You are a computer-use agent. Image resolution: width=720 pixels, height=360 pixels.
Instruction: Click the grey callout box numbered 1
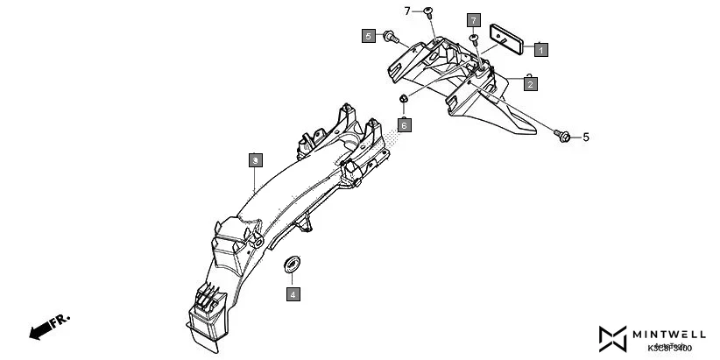(541, 50)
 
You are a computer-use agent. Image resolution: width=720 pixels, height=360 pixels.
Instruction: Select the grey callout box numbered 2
(531, 84)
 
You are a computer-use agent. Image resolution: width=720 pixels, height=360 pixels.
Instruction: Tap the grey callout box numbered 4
(293, 294)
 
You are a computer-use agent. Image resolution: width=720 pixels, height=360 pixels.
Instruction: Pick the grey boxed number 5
(369, 36)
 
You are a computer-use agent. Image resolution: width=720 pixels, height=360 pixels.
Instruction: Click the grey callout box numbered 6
(404, 125)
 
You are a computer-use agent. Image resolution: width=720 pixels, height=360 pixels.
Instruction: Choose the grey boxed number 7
(474, 19)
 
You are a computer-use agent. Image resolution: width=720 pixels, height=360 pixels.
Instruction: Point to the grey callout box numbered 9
(255, 160)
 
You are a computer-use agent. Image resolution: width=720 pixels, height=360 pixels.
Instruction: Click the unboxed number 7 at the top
(406, 11)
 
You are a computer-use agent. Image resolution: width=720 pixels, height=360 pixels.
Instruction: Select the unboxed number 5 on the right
(586, 138)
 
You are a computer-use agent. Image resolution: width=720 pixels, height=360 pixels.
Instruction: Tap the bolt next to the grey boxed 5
(392, 37)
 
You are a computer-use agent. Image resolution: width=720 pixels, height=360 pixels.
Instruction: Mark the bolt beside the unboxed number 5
(563, 136)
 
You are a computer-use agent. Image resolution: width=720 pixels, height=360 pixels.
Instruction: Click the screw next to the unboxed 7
(427, 11)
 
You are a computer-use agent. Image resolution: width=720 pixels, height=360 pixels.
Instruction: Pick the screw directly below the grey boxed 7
(474, 39)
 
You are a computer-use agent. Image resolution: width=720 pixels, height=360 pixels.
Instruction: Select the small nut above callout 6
(403, 98)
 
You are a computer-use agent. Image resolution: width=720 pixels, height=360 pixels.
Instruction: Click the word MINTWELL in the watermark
(671, 334)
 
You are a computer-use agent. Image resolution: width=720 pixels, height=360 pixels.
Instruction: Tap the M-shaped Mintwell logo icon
(614, 339)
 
